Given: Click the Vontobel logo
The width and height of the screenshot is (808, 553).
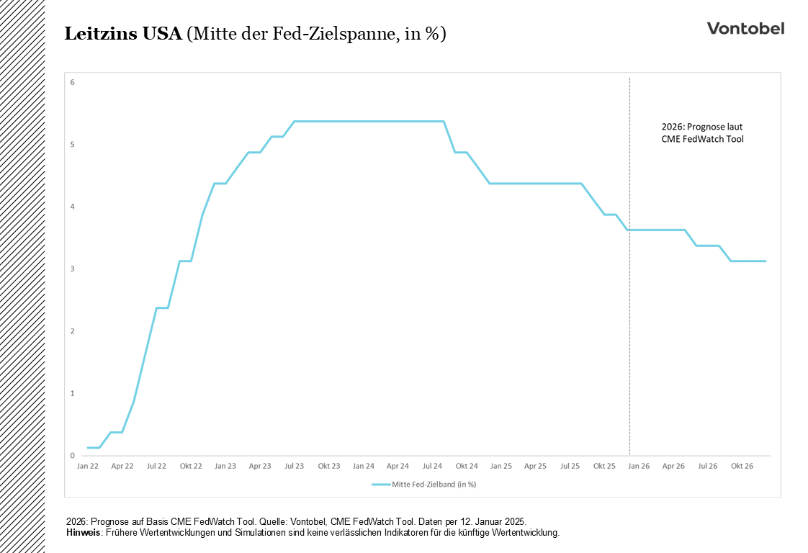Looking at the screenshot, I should click(745, 28).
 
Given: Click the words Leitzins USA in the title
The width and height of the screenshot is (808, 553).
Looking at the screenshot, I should click(123, 34).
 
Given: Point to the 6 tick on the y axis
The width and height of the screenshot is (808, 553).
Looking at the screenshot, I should click(73, 82).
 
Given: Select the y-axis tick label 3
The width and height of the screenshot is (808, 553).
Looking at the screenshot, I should click(73, 269).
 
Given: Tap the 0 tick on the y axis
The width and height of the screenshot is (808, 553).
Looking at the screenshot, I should click(73, 456).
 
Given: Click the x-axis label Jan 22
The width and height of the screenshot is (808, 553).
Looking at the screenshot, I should click(87, 466).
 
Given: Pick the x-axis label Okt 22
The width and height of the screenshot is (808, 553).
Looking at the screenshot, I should click(191, 466).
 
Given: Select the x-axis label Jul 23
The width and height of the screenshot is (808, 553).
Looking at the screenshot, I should click(294, 466).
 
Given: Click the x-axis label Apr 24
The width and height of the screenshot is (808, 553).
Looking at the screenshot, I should click(398, 466).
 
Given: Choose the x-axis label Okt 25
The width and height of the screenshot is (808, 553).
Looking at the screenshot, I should click(604, 466).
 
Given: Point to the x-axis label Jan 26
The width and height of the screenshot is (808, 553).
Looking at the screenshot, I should click(639, 466).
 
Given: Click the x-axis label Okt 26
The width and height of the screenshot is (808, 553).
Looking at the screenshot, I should click(742, 466).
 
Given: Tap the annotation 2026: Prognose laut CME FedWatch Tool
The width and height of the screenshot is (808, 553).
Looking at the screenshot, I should click(702, 132).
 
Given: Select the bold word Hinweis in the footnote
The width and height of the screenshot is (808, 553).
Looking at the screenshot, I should click(83, 533).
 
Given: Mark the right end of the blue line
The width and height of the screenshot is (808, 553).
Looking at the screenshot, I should click(765, 261).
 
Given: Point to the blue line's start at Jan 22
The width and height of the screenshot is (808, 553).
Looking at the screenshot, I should click(88, 448).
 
